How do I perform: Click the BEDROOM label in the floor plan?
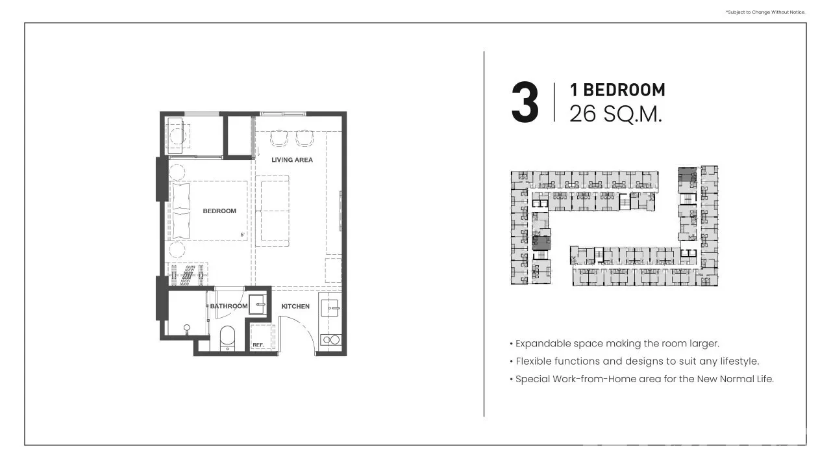pos(219,211)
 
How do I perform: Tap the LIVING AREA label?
pos(292,160)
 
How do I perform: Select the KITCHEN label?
pos(295,306)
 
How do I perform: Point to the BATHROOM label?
pos(229,306)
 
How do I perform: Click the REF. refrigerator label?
pos(258,345)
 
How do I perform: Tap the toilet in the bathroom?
pos(227,338)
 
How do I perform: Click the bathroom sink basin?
pos(258,304)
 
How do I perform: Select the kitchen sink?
pos(329,308)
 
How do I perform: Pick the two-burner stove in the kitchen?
pos(330,340)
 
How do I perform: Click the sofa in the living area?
pos(272,211)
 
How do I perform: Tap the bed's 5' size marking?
pos(242,235)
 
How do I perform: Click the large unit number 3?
pos(525,102)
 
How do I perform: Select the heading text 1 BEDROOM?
pos(617,90)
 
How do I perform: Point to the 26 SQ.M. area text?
pos(616,114)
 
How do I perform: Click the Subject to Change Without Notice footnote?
pos(765,12)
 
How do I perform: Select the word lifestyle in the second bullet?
pos(739,361)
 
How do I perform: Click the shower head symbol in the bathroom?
pos(186,329)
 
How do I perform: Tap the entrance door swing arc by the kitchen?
pos(303,327)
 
